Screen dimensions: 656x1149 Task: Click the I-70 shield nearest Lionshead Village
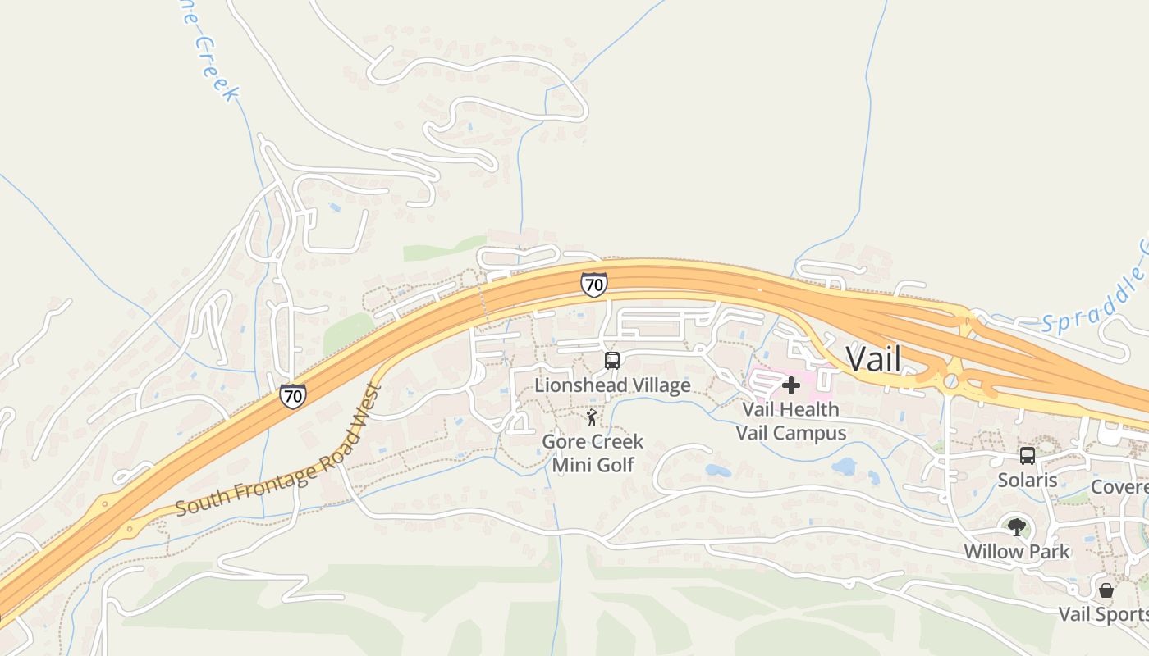[x=593, y=285]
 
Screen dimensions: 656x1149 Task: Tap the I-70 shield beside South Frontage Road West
[x=292, y=396]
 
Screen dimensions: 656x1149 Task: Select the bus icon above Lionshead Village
[x=611, y=360]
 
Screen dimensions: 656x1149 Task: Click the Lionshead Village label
[x=612, y=385]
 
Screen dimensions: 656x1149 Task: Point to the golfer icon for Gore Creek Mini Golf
[x=592, y=418]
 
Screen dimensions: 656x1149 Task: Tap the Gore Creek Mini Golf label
[x=593, y=453]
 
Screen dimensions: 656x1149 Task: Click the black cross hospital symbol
[x=790, y=385]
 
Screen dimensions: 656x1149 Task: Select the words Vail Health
[x=790, y=409]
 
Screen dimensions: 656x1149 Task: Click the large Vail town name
[x=873, y=359]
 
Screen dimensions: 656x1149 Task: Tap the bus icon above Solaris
[x=1027, y=456]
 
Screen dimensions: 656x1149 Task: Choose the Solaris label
[x=1027, y=480]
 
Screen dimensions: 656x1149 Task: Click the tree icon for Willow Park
[x=1017, y=526]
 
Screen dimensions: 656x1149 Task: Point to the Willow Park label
[x=1017, y=551]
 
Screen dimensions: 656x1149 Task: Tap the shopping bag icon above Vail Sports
[x=1106, y=590]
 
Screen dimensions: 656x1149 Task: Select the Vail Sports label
[x=1103, y=614]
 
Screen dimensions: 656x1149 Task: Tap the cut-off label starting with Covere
[x=1119, y=487]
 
